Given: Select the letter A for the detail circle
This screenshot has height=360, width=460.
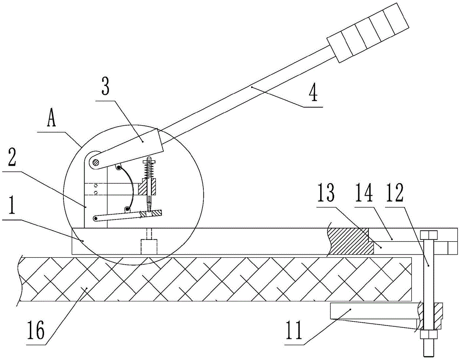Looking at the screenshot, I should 52,121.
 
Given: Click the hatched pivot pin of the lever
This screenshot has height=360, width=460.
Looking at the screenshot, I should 96,162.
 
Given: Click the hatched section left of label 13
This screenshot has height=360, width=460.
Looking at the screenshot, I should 348,240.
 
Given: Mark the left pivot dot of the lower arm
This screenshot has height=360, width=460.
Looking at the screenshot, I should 96,218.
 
